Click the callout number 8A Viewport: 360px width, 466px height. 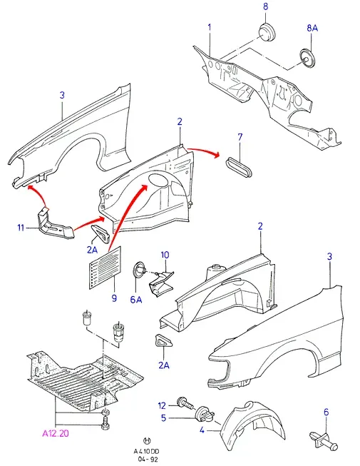coord(312,28)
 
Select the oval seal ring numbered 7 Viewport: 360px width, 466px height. coord(239,168)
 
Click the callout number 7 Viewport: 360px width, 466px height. coord(240,137)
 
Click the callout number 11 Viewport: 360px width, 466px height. coord(21,228)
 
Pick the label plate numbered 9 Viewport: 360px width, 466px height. coord(105,268)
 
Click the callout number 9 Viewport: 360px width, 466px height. coord(114,298)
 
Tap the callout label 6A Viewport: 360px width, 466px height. coord(136,300)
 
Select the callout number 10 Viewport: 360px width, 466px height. coord(165,255)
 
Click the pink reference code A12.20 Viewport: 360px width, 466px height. coord(55,433)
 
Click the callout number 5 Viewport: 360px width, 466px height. coord(163,418)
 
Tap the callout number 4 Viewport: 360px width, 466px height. coord(202,430)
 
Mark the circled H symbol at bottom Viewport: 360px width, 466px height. coord(147,440)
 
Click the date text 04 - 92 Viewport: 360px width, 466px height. coord(146,459)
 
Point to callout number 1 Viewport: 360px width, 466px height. coord(210,27)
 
